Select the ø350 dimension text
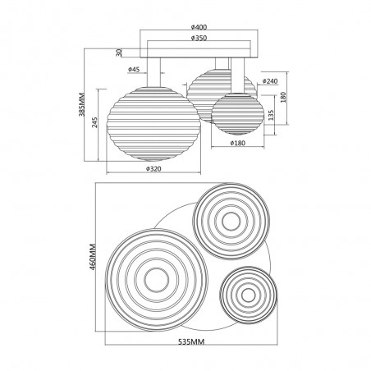point(198,38)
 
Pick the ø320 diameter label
point(153,169)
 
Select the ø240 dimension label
point(273,81)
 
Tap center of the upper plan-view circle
point(228,219)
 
